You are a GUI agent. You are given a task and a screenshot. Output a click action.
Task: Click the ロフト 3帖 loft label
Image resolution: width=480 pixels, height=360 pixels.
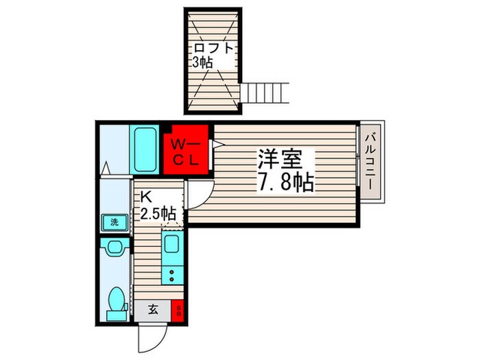(x=213, y=54)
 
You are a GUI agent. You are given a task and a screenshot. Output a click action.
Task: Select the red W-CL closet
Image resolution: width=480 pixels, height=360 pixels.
(x=186, y=152)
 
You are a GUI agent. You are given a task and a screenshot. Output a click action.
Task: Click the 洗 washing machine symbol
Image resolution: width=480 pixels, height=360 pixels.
(x=110, y=222)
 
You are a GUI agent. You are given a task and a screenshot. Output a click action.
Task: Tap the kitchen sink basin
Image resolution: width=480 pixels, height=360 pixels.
(x=171, y=244)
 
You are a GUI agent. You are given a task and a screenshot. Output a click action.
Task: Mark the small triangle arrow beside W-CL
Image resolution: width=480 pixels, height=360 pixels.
(x=218, y=144)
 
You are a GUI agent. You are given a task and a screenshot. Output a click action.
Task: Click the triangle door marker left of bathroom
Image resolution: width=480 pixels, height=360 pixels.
(x=106, y=167)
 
